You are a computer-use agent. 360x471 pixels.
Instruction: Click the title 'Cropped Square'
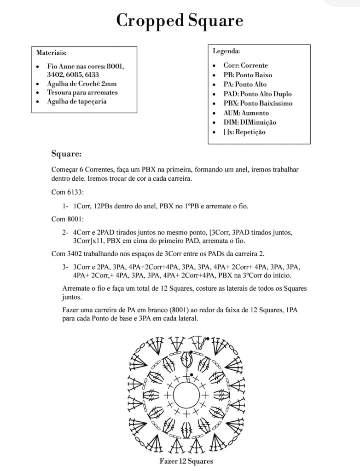tap(180, 21)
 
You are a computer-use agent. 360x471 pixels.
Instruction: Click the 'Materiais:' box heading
tap(51, 53)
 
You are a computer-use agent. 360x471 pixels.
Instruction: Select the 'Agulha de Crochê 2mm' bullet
tap(76, 84)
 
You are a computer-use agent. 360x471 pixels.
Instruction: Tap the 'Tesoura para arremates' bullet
tap(82, 92)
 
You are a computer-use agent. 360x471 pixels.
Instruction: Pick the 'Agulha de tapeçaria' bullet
tap(76, 101)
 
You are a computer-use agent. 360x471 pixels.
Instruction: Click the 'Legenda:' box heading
tap(226, 51)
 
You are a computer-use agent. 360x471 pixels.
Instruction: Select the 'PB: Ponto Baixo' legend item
tap(248, 75)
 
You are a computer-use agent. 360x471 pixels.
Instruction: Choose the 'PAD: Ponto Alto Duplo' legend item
tap(257, 94)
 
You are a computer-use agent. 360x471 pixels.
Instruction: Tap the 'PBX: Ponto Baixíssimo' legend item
tap(258, 103)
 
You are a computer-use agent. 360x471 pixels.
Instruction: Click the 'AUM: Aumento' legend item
tap(246, 113)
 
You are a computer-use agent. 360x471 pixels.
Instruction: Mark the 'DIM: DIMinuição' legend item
tap(250, 122)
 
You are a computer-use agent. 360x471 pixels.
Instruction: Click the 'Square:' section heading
tap(66, 153)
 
